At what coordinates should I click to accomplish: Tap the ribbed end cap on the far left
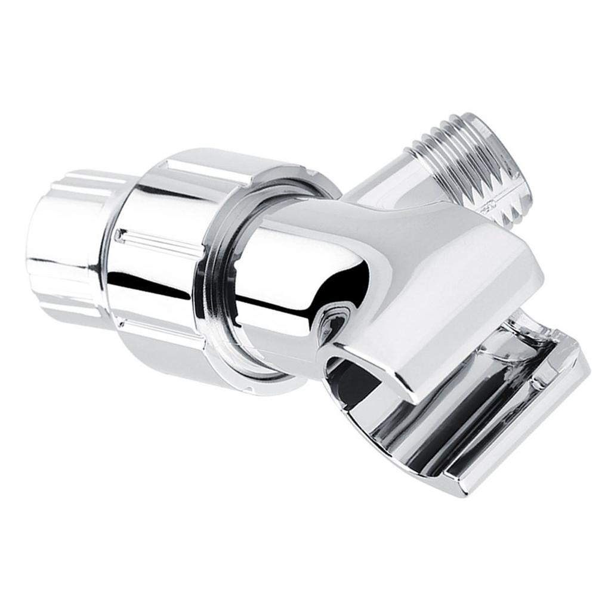[x=66, y=245]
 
